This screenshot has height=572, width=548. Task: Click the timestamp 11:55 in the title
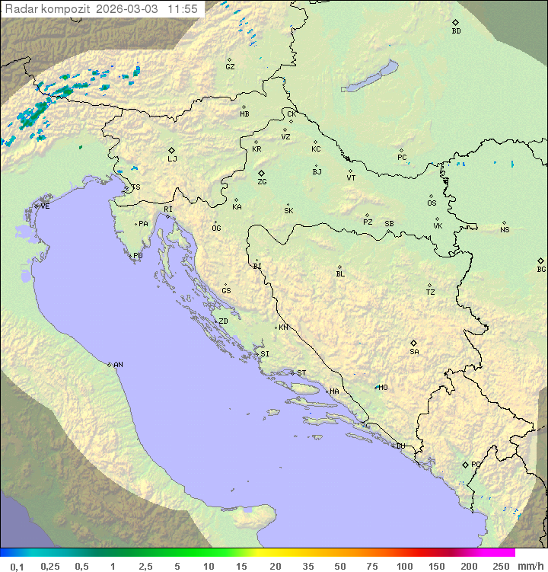[183, 9]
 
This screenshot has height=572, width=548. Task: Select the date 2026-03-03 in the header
[128, 9]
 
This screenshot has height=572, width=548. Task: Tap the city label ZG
[262, 182]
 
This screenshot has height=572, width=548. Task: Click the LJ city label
[172, 159]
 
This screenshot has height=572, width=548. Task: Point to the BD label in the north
[456, 31]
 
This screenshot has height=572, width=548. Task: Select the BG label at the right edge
[541, 269]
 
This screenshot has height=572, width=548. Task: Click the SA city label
[414, 352]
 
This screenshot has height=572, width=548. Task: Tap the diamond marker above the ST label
[292, 373]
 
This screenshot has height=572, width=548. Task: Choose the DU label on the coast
[400, 446]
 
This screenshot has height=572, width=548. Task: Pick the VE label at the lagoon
[45, 206]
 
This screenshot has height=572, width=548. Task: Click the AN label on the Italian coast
[118, 365]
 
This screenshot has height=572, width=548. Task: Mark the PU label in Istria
[138, 256]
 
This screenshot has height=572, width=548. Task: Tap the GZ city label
[230, 67]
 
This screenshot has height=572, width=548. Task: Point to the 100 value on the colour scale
[404, 566]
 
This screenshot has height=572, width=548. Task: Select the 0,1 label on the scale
[17, 566]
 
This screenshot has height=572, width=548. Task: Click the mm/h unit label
[530, 566]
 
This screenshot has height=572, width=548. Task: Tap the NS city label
[505, 230]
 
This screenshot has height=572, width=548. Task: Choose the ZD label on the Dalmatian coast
[223, 321]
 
